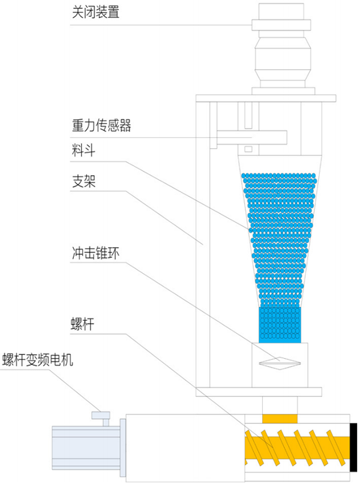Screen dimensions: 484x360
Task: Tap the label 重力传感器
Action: (100, 126)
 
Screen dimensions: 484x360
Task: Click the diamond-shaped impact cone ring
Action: (277, 362)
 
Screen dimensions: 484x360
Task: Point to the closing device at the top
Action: (281, 48)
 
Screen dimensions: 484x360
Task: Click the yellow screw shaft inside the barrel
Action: (297, 447)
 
